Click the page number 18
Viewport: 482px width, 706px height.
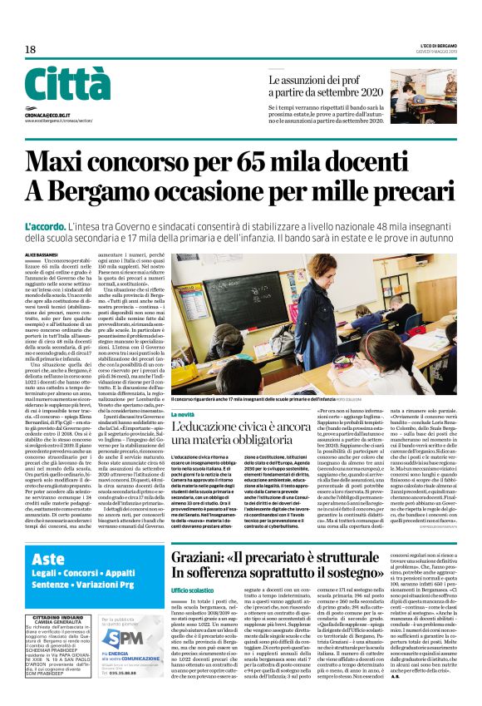(30, 50)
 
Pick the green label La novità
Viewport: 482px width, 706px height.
(183, 413)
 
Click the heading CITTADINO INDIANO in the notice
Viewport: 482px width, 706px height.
(59, 619)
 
